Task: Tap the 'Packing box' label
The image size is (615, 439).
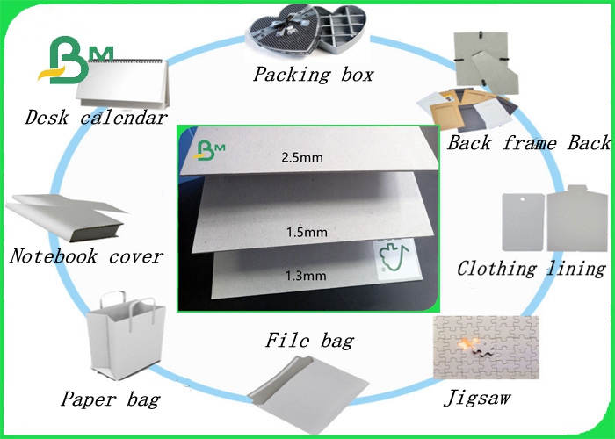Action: tap(314, 75)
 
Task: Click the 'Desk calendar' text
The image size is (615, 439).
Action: tap(96, 117)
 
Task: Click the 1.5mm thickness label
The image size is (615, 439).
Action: tap(308, 233)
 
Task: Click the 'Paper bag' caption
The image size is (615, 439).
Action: tap(111, 400)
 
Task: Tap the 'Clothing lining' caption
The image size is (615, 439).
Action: tap(532, 268)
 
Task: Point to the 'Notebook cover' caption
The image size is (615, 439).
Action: tap(87, 256)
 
